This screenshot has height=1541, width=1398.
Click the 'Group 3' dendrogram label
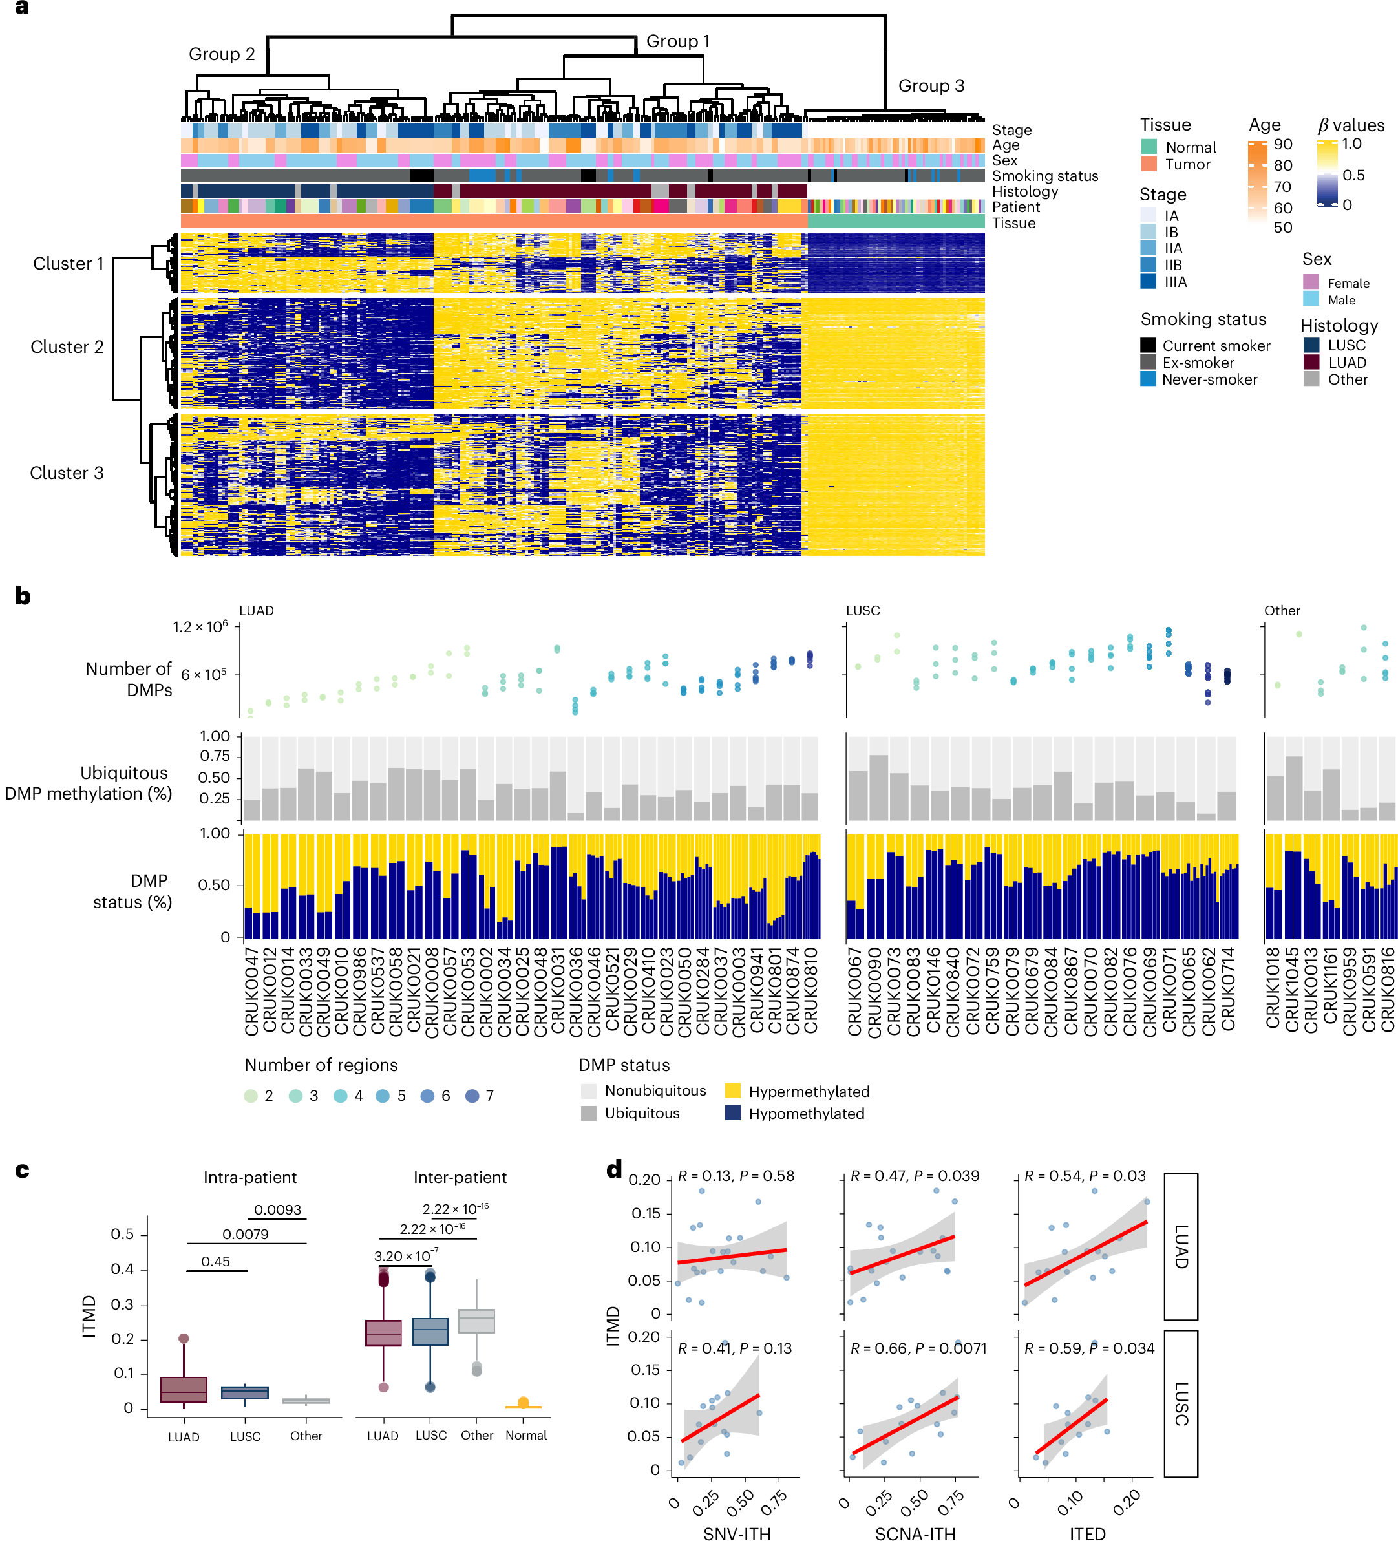click(x=930, y=85)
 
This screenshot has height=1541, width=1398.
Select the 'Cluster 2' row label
click(x=67, y=347)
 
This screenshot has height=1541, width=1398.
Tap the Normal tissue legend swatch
click(x=1148, y=147)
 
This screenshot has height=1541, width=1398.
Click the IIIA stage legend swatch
click(x=1148, y=282)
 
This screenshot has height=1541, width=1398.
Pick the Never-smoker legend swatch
click(x=1148, y=379)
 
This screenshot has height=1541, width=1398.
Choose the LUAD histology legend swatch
click(x=1311, y=363)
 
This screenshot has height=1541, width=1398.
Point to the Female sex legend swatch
click(x=1311, y=282)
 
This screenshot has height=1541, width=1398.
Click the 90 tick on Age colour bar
click(x=1282, y=145)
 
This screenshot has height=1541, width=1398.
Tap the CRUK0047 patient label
click(x=251, y=992)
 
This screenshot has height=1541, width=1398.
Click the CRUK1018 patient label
click(x=1273, y=988)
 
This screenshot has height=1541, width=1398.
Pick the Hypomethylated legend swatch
click(x=732, y=1113)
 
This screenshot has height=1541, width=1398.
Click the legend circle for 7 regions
click(x=472, y=1096)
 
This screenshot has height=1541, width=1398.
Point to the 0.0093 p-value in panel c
click(x=277, y=1210)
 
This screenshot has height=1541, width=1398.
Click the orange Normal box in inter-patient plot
click(x=524, y=1405)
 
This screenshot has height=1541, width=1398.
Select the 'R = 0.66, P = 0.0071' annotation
click(x=918, y=1348)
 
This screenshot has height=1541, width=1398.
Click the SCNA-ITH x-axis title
click(x=915, y=1533)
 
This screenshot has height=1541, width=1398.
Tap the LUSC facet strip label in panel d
click(x=1181, y=1403)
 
